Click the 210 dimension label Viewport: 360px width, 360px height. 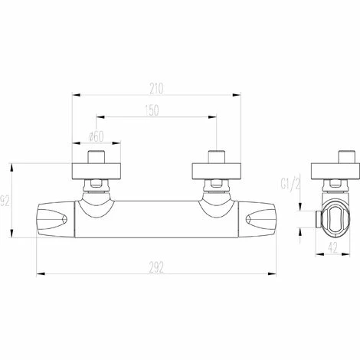pos(156,89)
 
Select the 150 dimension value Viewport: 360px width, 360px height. pos(152,110)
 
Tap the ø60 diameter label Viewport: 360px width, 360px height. pos(97,137)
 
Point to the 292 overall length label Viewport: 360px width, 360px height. pos(156,267)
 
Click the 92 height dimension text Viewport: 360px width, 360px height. pos(5,201)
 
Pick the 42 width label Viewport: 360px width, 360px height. pos(332,247)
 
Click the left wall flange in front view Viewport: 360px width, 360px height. pos(97,172)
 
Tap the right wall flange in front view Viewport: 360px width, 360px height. pos(216,172)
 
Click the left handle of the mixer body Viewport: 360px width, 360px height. pos(56,220)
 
